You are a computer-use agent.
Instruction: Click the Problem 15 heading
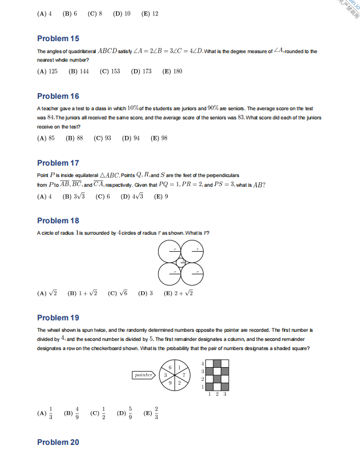point(58,38)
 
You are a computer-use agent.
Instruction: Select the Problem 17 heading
point(58,163)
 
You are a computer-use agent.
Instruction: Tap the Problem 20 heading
point(58,442)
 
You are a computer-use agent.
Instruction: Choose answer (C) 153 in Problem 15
point(110,71)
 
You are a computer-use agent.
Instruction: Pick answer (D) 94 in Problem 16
point(131,138)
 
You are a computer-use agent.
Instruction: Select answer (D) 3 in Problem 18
point(145,294)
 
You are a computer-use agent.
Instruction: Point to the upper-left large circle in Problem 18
point(169,250)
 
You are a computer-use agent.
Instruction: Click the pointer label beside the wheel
point(143,375)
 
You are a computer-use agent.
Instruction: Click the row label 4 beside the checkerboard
point(203,363)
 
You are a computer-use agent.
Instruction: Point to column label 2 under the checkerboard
point(217,394)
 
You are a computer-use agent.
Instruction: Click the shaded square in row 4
point(217,363)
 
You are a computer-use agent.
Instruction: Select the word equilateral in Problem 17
point(86,175)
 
